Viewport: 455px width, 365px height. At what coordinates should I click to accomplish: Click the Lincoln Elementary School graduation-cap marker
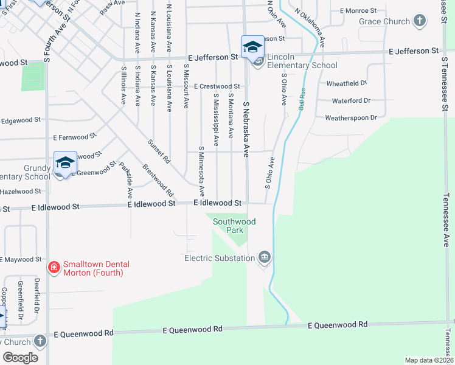pyautogui.click(x=252, y=46)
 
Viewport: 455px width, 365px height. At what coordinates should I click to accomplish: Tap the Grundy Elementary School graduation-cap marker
pyautogui.click(x=65, y=162)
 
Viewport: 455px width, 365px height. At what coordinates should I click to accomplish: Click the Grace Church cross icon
pyautogui.click(x=419, y=22)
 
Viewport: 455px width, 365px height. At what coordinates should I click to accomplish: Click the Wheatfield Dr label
pyautogui.click(x=347, y=83)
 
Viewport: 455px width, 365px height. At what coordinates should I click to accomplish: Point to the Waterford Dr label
pyautogui.click(x=351, y=100)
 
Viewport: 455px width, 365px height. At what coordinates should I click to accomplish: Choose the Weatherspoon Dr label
pyautogui.click(x=351, y=118)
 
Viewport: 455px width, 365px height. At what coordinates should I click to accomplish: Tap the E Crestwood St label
pyautogui.click(x=217, y=86)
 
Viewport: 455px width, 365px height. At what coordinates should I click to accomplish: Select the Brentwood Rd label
pyautogui.click(x=158, y=176)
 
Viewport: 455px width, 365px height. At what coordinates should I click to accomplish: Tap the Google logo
pyautogui.click(x=20, y=358)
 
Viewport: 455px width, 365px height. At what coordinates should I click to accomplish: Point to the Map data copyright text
pyautogui.click(x=428, y=360)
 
